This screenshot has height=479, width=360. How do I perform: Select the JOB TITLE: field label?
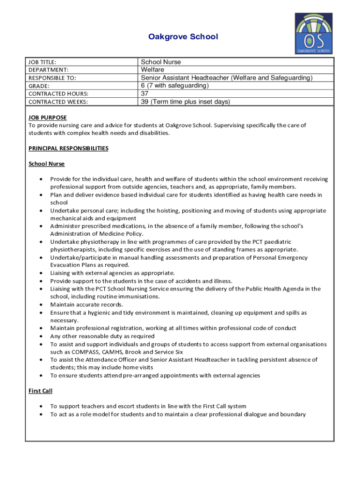(42, 62)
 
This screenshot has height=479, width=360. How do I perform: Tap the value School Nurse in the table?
(161, 62)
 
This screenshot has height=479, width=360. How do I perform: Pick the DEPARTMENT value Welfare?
(152, 70)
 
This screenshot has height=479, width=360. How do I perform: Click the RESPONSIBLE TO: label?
(52, 78)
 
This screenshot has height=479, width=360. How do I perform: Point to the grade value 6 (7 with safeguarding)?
(174, 86)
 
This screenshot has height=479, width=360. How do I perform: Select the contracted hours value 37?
(145, 94)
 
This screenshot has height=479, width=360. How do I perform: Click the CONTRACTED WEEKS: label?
(58, 102)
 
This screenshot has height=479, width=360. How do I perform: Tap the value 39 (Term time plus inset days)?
(186, 102)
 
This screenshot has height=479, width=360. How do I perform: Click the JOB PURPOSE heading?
(47, 117)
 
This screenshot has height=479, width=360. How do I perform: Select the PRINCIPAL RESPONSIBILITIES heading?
(68, 148)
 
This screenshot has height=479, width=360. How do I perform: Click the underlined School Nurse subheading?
(46, 164)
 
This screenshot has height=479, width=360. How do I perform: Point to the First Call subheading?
(40, 391)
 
